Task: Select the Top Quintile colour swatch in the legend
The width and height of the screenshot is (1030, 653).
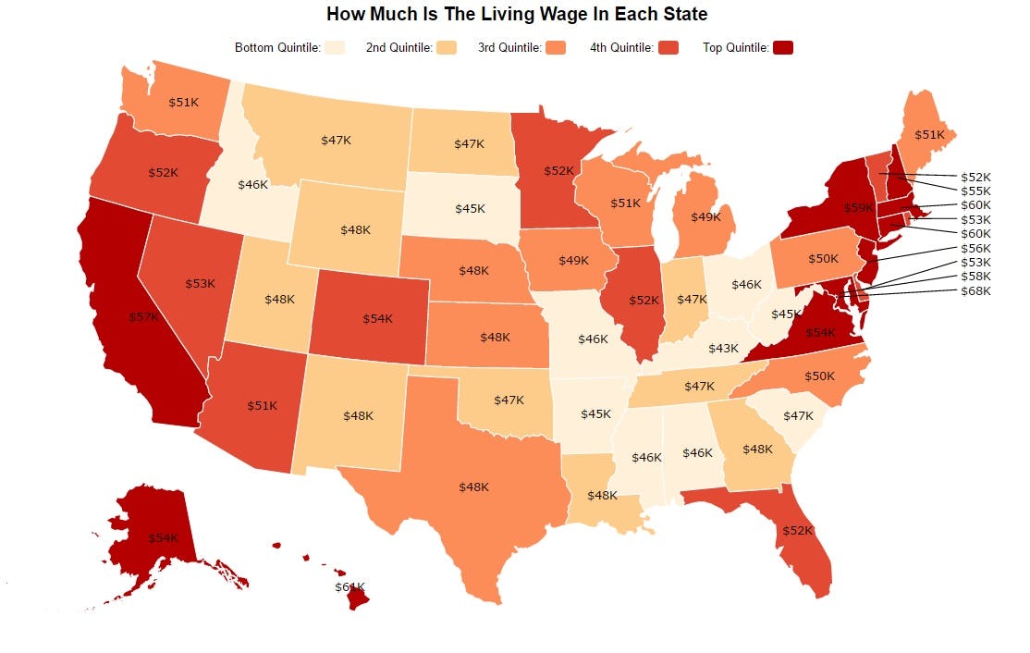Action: (783, 48)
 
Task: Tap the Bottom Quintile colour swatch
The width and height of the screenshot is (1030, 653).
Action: (336, 48)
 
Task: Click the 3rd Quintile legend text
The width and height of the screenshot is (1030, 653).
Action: (509, 48)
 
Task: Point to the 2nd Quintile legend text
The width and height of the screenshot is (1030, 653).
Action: (399, 48)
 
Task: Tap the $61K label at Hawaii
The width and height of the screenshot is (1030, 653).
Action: (349, 587)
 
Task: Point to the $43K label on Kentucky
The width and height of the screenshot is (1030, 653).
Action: (723, 349)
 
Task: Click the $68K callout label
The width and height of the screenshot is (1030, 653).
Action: (975, 291)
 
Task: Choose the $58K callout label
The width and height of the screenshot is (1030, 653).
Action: (975, 277)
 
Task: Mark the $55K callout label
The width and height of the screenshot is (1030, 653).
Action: (975, 191)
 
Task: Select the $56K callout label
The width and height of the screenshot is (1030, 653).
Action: (975, 248)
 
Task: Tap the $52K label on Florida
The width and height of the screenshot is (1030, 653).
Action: (797, 531)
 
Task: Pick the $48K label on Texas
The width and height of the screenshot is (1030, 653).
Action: (473, 487)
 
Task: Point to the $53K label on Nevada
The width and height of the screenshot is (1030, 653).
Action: (200, 283)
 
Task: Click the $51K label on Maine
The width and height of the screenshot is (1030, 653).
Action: (929, 135)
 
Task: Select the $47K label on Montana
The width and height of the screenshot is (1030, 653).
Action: (336, 141)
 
